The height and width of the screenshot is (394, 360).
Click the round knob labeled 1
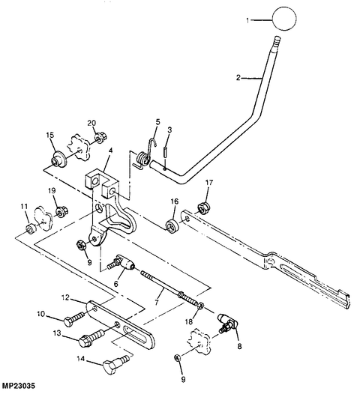click(x=284, y=19)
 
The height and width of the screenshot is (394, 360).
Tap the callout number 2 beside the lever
click(x=238, y=78)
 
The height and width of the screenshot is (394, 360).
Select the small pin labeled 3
click(x=165, y=152)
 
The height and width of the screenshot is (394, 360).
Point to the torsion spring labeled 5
click(x=144, y=156)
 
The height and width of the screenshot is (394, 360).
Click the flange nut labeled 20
click(x=101, y=139)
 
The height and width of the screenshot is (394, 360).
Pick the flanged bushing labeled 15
click(x=58, y=159)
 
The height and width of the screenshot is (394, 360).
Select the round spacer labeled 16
click(x=172, y=225)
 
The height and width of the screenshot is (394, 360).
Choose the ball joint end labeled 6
click(x=123, y=263)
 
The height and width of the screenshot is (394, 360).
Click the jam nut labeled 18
click(x=200, y=306)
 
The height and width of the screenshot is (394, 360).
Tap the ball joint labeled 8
click(x=228, y=323)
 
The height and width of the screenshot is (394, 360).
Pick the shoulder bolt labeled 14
click(x=116, y=363)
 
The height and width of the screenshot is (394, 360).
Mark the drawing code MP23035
click(x=19, y=386)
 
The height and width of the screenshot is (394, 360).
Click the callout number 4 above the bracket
click(x=111, y=151)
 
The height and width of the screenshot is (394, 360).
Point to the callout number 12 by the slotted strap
click(x=65, y=297)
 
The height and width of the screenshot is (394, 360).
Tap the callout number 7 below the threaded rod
click(x=157, y=302)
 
